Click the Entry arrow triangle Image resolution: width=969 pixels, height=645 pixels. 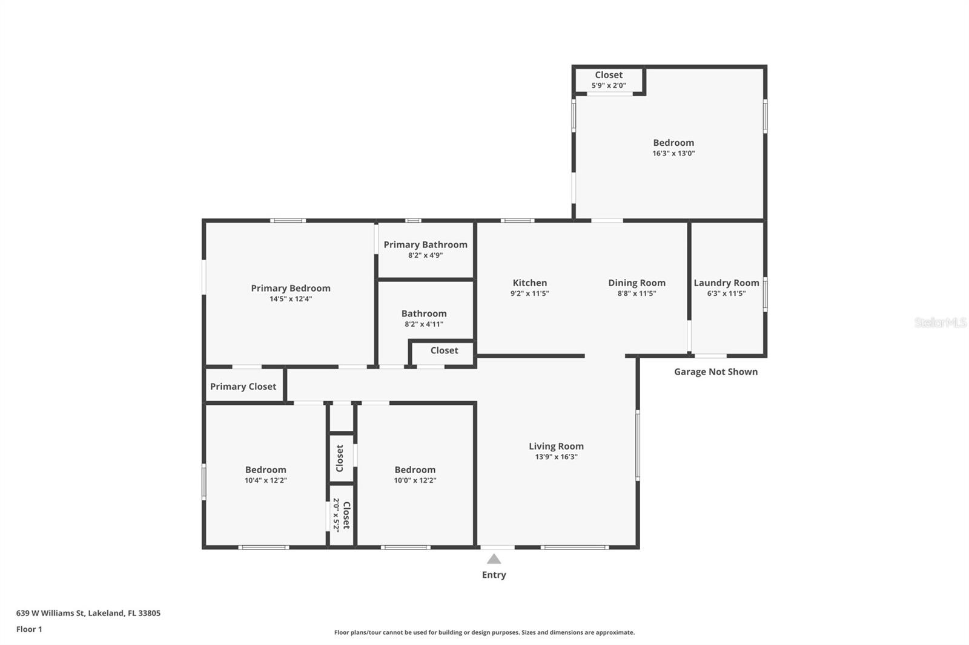click(494, 559)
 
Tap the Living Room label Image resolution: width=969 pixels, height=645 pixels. click(556, 447)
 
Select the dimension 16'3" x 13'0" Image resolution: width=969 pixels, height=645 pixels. click(673, 154)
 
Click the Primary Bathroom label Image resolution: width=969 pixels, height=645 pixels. click(425, 244)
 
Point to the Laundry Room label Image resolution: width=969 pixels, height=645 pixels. click(726, 283)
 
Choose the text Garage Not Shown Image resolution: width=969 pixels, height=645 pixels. click(716, 372)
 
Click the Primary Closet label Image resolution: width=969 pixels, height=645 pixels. click(243, 387)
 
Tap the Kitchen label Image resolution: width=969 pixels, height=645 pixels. click(529, 283)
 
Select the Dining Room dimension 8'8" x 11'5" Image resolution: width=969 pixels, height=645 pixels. click(637, 293)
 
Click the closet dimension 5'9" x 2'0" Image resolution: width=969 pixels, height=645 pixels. click(609, 86)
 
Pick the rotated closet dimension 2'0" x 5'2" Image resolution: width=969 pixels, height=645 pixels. click(336, 515)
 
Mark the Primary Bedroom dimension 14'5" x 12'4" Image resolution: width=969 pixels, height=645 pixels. click(291, 299)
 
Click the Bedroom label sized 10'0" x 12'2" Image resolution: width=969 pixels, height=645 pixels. click(415, 470)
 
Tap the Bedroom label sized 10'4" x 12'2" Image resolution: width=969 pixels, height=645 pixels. click(265, 470)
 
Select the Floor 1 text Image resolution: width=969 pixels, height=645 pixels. click(29, 629)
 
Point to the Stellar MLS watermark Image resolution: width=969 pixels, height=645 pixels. click(940, 322)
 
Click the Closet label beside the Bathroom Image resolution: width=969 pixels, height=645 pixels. click(444, 350)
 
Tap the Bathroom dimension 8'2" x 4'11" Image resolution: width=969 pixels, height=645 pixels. click(424, 324)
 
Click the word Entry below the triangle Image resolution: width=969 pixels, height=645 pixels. click(494, 575)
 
